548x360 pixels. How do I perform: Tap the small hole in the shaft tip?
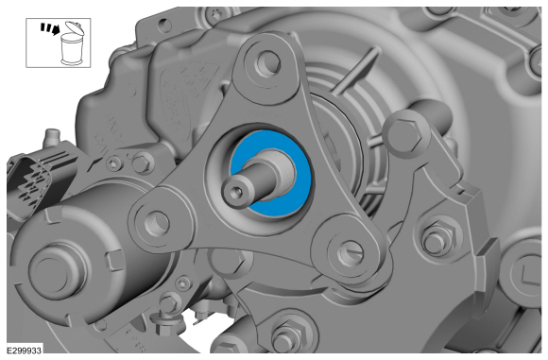click(237, 191)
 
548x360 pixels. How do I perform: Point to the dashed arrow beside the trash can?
click(50, 28)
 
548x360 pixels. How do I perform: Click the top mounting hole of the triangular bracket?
click(268, 63)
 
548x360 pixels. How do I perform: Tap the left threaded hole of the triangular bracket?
click(157, 223)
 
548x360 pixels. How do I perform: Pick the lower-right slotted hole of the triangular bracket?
click(350, 252)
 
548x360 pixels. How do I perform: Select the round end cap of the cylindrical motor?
click(57, 269)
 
